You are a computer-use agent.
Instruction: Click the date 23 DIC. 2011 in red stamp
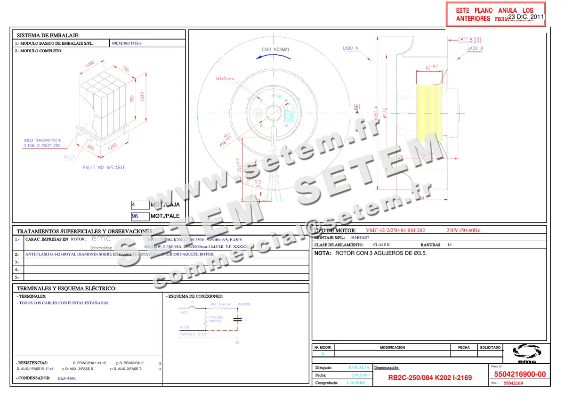(526, 16)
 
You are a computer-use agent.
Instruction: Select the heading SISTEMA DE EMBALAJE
(48, 35)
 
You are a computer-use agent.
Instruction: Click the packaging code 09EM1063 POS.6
(126, 43)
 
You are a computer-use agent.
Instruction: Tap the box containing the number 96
(140, 216)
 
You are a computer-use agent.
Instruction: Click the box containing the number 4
(140, 205)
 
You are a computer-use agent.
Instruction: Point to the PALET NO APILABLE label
(104, 167)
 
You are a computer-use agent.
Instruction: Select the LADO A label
(351, 49)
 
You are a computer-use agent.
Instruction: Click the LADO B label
(475, 49)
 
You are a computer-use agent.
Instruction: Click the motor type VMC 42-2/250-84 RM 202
(395, 230)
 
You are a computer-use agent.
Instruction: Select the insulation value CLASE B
(381, 245)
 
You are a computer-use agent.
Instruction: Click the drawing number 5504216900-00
(520, 375)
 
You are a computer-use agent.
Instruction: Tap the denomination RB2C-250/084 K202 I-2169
(429, 378)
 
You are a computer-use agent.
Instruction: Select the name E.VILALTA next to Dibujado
(359, 367)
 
